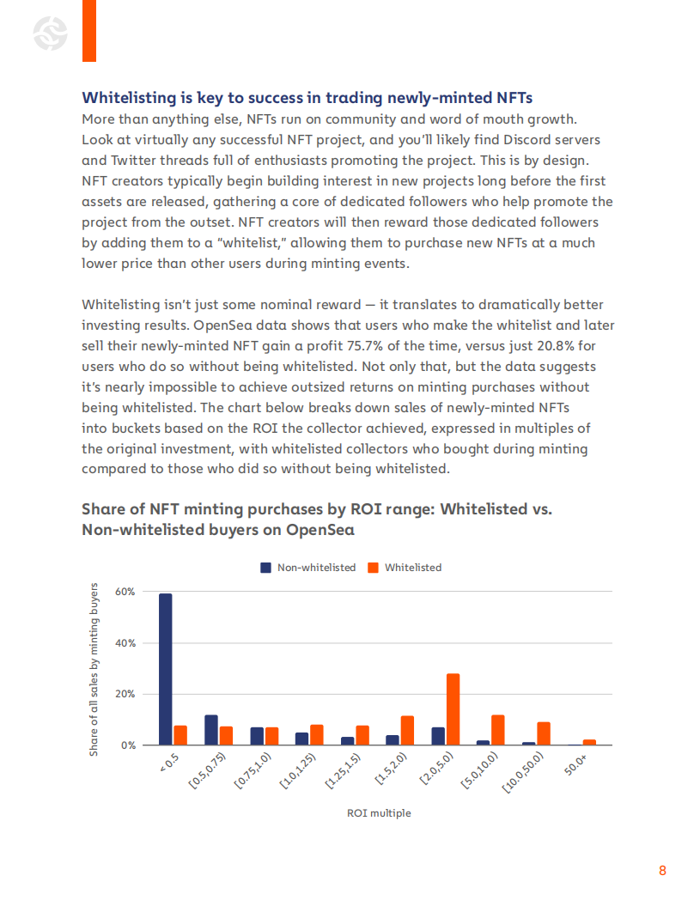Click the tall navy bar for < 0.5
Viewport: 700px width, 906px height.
(x=166, y=669)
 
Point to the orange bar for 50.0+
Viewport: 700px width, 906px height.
(x=589, y=742)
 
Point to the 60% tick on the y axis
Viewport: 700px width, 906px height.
(x=125, y=592)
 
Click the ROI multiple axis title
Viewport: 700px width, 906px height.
(x=379, y=812)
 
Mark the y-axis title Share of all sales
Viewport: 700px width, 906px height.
(x=94, y=670)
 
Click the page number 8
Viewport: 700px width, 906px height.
(x=662, y=871)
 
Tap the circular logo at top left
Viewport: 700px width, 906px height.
(x=49, y=34)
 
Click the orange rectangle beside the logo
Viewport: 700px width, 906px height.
(x=88, y=31)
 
